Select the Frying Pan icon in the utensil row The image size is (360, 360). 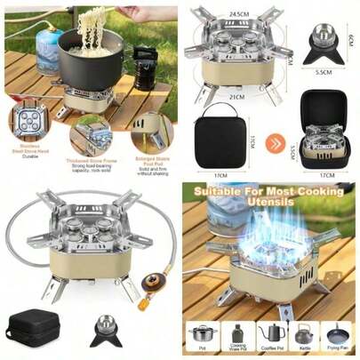(339, 334)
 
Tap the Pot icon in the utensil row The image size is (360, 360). (202, 334)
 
